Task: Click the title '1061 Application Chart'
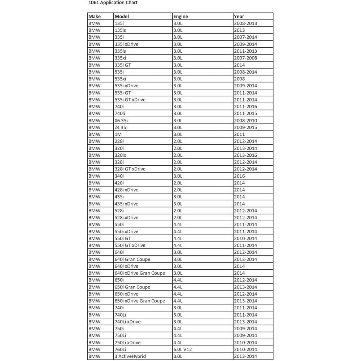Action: pyautogui.click(x=113, y=3)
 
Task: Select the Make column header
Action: pyautogui.click(x=95, y=16)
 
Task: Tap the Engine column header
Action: pyautogui.click(x=180, y=16)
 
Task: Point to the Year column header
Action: pyautogui.click(x=239, y=16)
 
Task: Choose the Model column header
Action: pyautogui.click(x=122, y=16)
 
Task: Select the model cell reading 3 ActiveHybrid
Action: pyautogui.click(x=130, y=356)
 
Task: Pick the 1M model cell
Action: pyautogui.click(x=118, y=134)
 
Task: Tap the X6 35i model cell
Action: pyautogui.click(x=121, y=120)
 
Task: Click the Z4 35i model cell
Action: pyautogui.click(x=121, y=127)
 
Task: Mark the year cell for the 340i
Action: pyautogui.click(x=239, y=176)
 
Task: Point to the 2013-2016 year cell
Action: pyautogui.click(x=245, y=155)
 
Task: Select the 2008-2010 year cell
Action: pyautogui.click(x=245, y=120)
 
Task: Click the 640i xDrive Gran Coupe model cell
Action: pyautogui.click(x=140, y=273)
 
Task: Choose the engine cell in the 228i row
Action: pyautogui.click(x=178, y=141)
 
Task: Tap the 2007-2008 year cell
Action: pyautogui.click(x=245, y=58)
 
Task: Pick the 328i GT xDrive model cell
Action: pyautogui.click(x=130, y=169)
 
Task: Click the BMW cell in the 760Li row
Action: pyautogui.click(x=94, y=349)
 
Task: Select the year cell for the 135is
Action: pyautogui.click(x=239, y=30)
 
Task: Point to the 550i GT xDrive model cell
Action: pyautogui.click(x=130, y=245)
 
